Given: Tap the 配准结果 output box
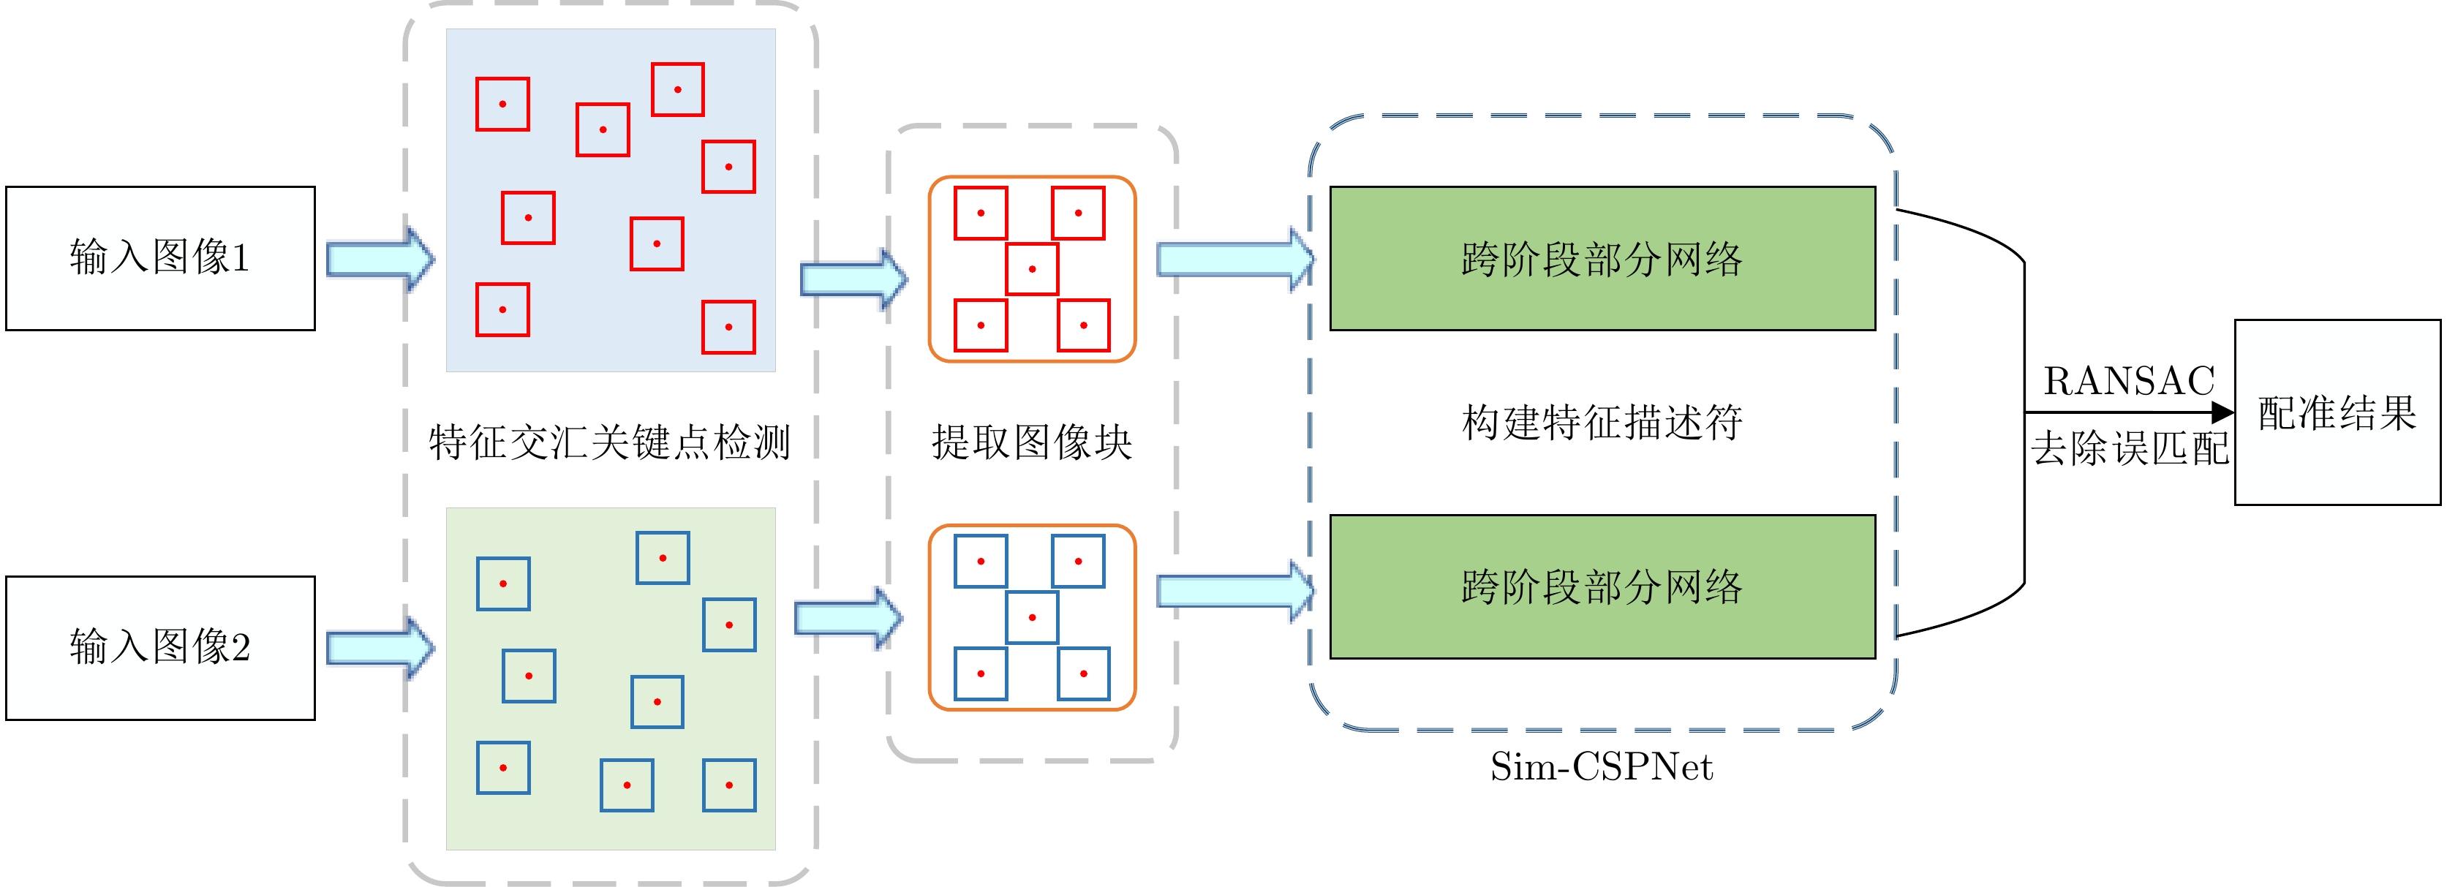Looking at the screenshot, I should click(2337, 412).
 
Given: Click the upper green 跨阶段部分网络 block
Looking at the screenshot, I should click(1602, 258).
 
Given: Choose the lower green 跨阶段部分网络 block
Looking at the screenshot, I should click(1602, 586).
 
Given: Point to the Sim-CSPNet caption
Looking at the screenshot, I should click(1602, 766).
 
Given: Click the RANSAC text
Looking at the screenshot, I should click(2129, 381).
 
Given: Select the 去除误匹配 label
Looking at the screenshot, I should click(2129, 448).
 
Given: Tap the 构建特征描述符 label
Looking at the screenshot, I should click(1602, 422).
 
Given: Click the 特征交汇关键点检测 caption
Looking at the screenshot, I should click(610, 442).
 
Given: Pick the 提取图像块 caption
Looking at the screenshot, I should click(1032, 442).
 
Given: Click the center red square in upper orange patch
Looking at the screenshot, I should click(1032, 269).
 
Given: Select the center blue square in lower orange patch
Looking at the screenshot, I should click(1032, 617).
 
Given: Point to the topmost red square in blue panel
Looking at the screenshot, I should click(677, 89).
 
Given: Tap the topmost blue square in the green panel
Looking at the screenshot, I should click(662, 557).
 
